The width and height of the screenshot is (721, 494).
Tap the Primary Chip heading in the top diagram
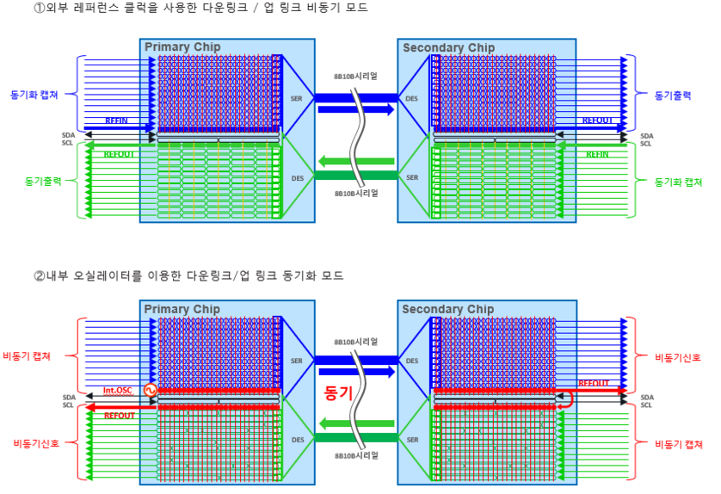click(182, 46)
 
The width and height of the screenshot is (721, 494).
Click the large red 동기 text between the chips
click(339, 392)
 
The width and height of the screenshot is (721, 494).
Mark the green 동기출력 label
click(41, 182)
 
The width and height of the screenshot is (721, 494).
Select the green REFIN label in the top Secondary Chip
click(597, 154)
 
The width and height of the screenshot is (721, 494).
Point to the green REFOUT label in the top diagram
click(120, 154)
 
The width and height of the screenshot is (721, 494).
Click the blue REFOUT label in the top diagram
click(598, 120)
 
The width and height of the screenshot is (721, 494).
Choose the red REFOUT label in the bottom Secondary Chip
click(594, 383)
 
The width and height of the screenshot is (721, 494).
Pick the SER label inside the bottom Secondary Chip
click(412, 441)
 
